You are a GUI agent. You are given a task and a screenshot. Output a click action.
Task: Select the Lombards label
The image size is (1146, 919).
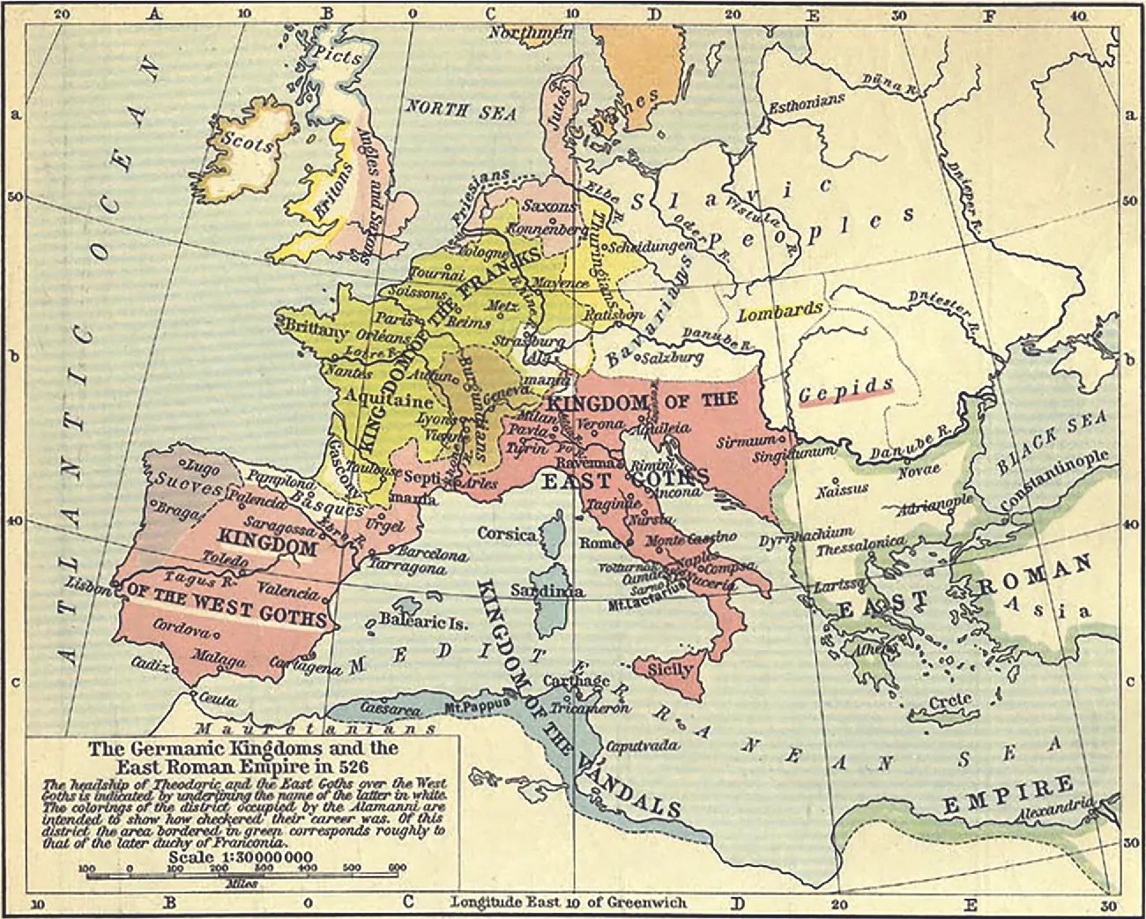[x=780, y=312]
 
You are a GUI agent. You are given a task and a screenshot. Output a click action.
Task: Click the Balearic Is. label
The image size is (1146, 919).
[x=422, y=621]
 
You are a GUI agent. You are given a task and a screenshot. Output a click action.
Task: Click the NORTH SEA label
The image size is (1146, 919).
[x=459, y=108]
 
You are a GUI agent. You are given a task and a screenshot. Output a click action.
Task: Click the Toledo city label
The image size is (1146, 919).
[x=220, y=558]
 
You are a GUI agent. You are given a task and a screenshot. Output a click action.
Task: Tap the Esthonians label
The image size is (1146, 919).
[x=807, y=102]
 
